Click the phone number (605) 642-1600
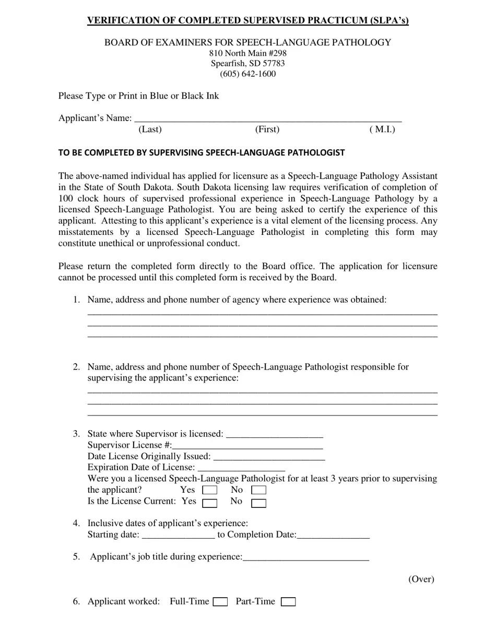pos(247,74)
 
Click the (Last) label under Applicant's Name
pos(150,129)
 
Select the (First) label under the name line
pos(267,129)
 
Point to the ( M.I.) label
pos(382,129)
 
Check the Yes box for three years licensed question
pos(210,490)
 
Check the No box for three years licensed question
pos(258,490)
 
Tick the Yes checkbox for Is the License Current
pos(210,503)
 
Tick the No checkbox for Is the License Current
pos(258,503)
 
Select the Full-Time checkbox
pos(220,602)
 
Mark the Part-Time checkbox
pos(288,602)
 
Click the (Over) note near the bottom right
pos(421,579)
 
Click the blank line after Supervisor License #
pos(247,445)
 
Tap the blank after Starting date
pos(178,534)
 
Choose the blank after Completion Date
pos(333,534)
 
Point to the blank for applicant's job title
pos(306,557)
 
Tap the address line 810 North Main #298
pos(247,53)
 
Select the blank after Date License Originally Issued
pos(269,456)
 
